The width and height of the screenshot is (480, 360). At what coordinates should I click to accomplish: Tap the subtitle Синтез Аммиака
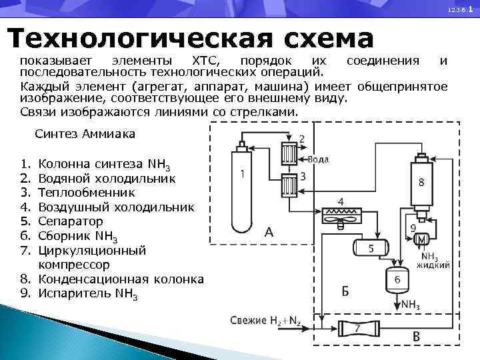[x=85, y=134]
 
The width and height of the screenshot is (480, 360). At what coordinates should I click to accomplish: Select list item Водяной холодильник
[x=107, y=178]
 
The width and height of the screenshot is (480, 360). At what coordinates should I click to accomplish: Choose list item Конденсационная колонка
[x=121, y=279]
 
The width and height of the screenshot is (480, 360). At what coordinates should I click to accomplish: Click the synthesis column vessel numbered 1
[x=241, y=191]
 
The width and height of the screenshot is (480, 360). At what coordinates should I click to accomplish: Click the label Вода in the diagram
[x=318, y=160]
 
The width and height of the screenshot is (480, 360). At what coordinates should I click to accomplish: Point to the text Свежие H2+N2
[x=265, y=321]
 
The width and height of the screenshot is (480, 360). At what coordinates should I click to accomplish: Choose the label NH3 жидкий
[x=432, y=261]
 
